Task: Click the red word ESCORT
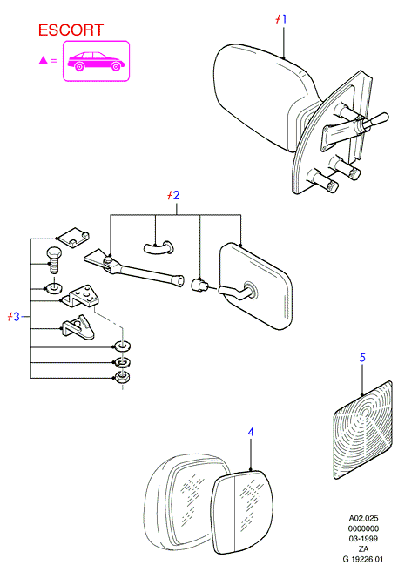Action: [71, 30]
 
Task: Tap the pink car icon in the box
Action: [96, 62]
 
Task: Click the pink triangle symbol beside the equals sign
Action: [44, 61]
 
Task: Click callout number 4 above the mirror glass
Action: [251, 432]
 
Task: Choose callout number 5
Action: [362, 358]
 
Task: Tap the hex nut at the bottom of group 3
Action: [122, 377]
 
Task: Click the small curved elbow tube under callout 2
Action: [159, 247]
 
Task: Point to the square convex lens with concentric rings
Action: [362, 429]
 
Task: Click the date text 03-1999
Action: [363, 538]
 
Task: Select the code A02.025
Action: [363, 518]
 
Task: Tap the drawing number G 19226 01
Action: [362, 559]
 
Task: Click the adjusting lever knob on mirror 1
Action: [379, 119]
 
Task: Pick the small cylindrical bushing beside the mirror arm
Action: [199, 284]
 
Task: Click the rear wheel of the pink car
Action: [116, 67]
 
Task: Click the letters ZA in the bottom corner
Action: [363, 548]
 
